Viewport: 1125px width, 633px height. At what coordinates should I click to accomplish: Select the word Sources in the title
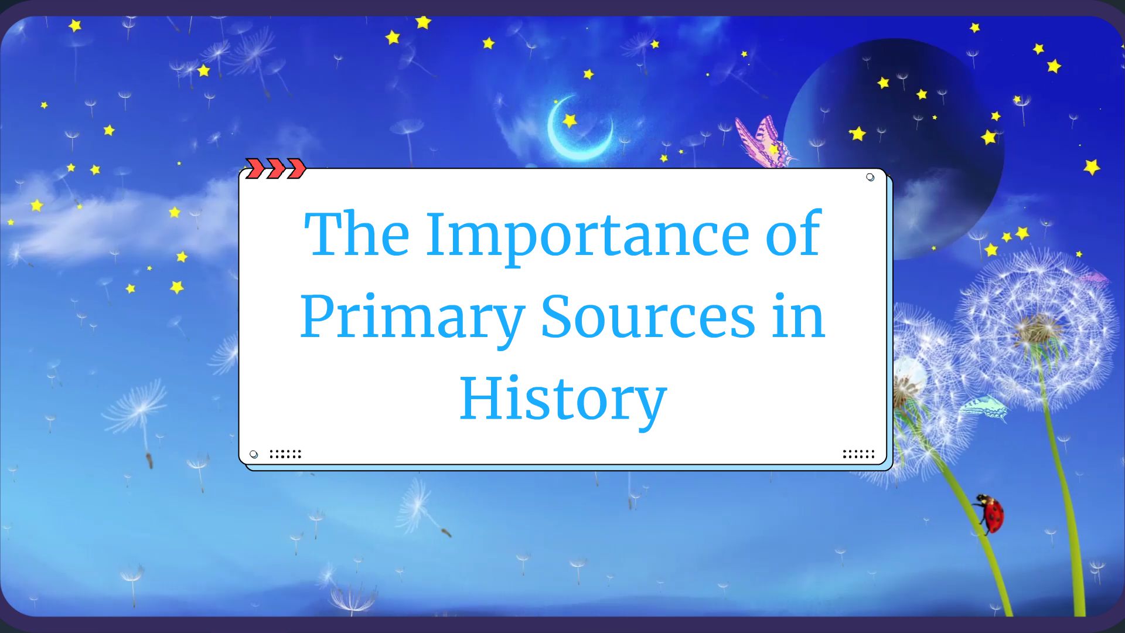coord(647,316)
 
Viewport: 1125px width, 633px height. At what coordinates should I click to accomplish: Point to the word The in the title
coord(356,234)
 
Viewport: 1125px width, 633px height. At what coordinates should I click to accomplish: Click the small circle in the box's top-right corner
coord(870,177)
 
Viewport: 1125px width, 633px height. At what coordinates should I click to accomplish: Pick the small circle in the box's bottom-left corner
coord(254,454)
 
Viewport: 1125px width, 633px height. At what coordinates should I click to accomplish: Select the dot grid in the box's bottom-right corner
coord(858,454)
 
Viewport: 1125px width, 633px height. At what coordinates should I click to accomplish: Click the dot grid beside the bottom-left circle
coord(285,454)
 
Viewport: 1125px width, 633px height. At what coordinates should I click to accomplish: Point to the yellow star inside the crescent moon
coord(570,121)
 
